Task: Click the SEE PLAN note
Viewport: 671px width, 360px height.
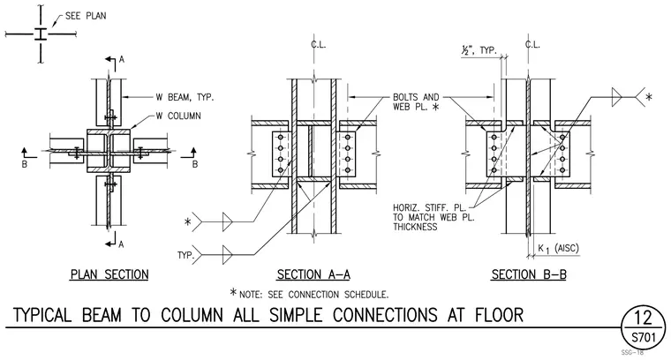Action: click(86, 16)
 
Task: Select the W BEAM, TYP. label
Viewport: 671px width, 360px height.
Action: click(185, 97)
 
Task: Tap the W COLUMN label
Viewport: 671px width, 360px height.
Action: click(178, 116)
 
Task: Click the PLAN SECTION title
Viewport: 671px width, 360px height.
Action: click(109, 274)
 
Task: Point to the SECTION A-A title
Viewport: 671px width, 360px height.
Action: click(313, 274)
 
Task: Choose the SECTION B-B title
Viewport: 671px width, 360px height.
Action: click(529, 274)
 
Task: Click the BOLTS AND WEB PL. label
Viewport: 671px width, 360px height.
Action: click(416, 102)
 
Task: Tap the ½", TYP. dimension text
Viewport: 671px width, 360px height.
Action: click(479, 50)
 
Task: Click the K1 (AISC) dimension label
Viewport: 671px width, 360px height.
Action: click(558, 249)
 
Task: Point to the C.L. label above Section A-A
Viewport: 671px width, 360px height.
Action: click(318, 44)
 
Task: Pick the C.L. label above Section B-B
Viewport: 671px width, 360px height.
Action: click(532, 44)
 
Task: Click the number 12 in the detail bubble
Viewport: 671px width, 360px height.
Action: click(643, 319)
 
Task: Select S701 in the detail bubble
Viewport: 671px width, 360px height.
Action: click(644, 338)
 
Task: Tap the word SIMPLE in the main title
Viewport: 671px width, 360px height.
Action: click(296, 315)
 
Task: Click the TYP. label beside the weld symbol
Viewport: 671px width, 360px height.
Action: click(185, 256)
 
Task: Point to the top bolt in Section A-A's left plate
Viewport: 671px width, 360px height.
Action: click(280, 138)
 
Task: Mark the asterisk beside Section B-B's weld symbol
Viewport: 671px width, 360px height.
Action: click(649, 97)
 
